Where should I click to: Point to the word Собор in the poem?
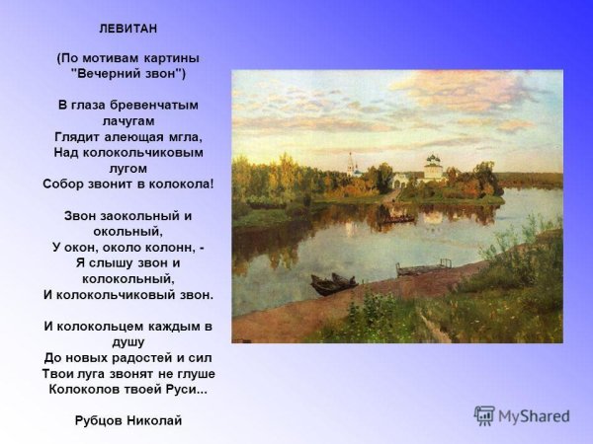[x=66, y=185]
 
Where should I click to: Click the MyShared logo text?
[x=534, y=416]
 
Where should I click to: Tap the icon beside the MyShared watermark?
[x=484, y=415]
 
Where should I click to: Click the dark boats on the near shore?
[x=333, y=285]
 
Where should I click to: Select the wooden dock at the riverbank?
[x=423, y=267]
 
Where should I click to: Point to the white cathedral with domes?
[x=433, y=169]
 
